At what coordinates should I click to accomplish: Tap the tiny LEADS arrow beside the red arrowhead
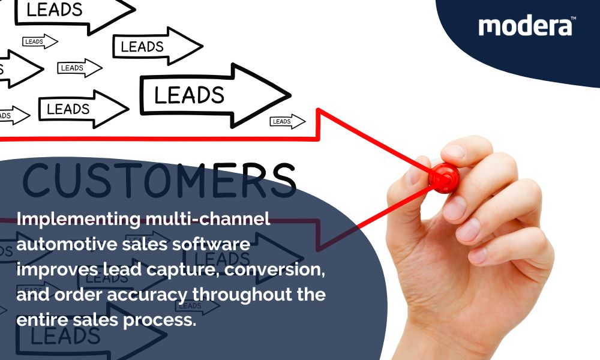pos(287,121)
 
